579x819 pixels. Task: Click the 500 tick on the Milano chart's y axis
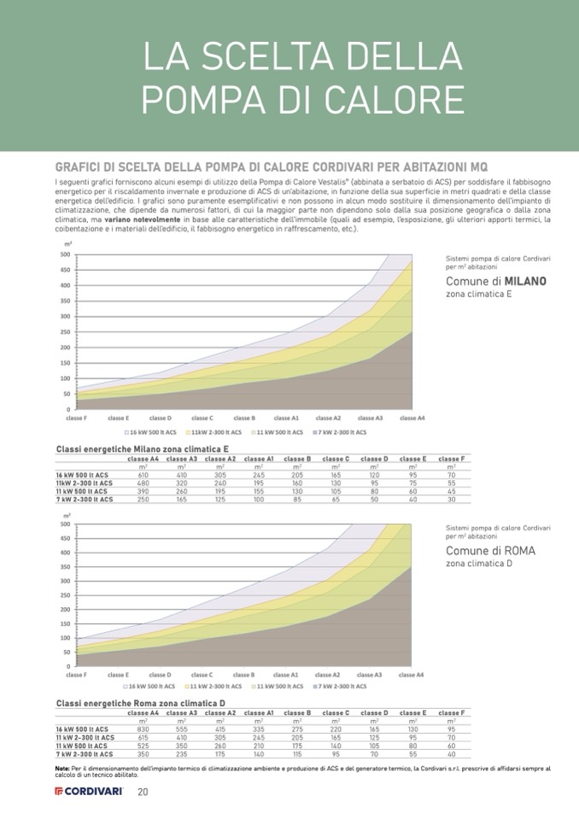pyautogui.click(x=66, y=254)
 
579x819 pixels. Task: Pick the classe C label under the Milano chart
pyautogui.click(x=202, y=418)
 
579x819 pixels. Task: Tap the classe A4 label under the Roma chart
pyautogui.click(x=412, y=675)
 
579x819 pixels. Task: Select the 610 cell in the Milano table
pyautogui.click(x=143, y=474)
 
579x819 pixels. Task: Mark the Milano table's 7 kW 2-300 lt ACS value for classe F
pyautogui.click(x=451, y=499)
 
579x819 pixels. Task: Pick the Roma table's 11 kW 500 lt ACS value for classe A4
pyautogui.click(x=143, y=746)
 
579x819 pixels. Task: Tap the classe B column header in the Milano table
pyautogui.click(x=297, y=459)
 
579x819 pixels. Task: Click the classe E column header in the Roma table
pyautogui.click(x=412, y=712)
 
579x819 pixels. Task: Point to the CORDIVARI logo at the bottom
pyautogui.click(x=89, y=792)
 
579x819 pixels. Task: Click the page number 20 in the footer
pyautogui.click(x=143, y=792)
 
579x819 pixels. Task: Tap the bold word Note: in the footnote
pyautogui.click(x=61, y=768)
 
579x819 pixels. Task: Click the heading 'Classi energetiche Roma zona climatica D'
pyautogui.click(x=140, y=703)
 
